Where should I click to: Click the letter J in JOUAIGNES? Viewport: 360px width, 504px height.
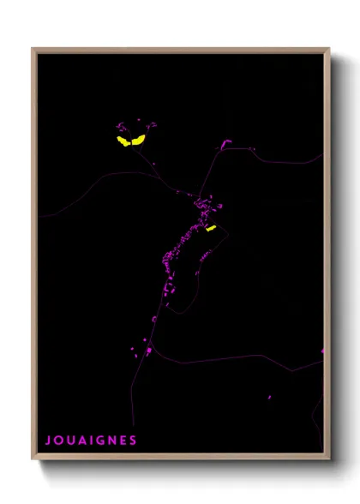click(48, 441)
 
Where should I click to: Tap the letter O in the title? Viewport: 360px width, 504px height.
click(59, 441)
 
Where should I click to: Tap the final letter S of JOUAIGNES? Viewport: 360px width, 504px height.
click(134, 441)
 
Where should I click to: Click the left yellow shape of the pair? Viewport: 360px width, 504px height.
click(123, 141)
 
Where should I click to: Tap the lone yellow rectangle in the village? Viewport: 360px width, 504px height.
click(211, 229)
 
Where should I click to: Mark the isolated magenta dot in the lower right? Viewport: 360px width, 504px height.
click(268, 397)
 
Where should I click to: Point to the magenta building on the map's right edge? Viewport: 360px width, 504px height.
click(322, 351)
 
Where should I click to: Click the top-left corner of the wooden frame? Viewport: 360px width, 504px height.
click(33, 49)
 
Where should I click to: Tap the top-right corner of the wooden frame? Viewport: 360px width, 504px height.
click(328, 49)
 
